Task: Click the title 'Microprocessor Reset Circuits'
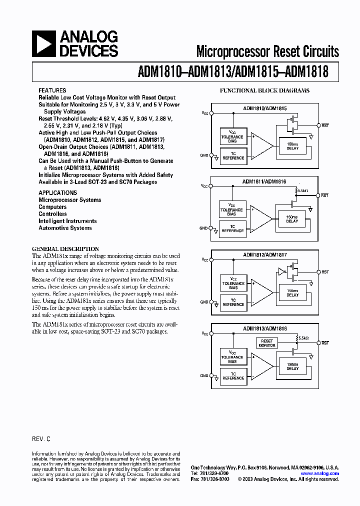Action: [x=267, y=51]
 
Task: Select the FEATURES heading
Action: [x=52, y=90]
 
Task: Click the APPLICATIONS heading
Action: [x=57, y=192]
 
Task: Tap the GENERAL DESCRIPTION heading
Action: [x=65, y=248]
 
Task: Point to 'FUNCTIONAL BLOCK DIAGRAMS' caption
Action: [x=265, y=90]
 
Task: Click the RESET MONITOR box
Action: [x=267, y=343]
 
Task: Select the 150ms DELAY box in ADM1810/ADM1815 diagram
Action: [x=292, y=146]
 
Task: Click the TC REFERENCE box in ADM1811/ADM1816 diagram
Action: [x=233, y=229]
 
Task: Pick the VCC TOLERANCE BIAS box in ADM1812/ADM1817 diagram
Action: [x=233, y=283]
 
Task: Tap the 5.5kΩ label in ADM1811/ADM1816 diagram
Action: [x=303, y=191]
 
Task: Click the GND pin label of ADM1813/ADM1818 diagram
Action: [x=203, y=375]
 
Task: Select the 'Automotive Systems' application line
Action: [x=65, y=228]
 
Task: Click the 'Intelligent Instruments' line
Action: [x=67, y=221]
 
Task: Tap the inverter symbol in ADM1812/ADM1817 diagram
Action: [x=281, y=272]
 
